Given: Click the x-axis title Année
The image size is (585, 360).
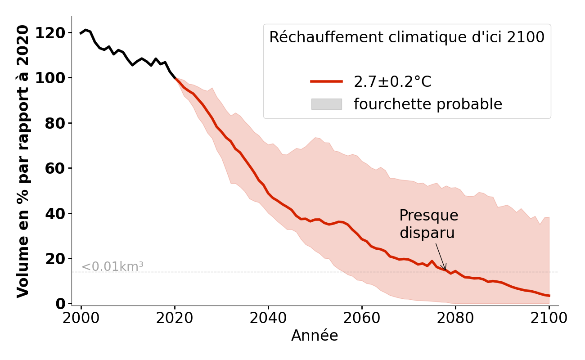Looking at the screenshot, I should (x=315, y=336).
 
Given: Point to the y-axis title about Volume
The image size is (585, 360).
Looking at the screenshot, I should (x=23, y=161).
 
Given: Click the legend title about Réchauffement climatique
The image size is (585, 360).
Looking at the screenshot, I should (x=407, y=37).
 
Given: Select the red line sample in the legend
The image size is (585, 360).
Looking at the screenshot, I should (x=326, y=81).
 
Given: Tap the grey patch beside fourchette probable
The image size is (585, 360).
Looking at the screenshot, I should (x=326, y=104).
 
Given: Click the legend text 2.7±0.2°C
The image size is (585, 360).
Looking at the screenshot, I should (x=392, y=82).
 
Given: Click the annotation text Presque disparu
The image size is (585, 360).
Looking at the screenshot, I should (x=428, y=224).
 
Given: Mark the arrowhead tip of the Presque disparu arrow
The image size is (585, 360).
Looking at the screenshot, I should (x=445, y=270).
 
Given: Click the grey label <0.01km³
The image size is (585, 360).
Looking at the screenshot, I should (x=112, y=267).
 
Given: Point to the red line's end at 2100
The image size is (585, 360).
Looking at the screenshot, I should (x=549, y=296).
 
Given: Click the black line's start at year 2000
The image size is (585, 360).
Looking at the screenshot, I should (x=81, y=33).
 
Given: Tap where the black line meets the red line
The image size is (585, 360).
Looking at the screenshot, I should (x=175, y=78).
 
